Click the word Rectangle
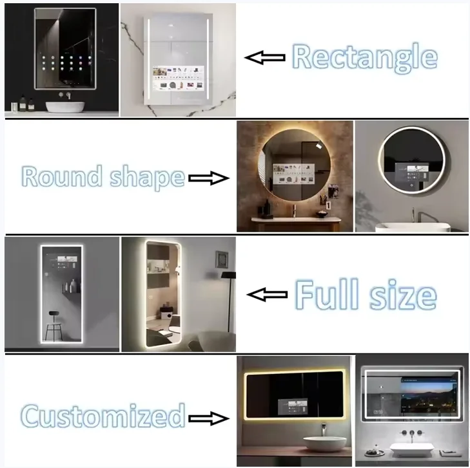point(364,57)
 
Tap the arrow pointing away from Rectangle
point(264,58)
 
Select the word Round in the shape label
point(62,176)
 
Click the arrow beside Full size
point(268,295)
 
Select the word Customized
point(103,415)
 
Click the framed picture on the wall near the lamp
point(221,258)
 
